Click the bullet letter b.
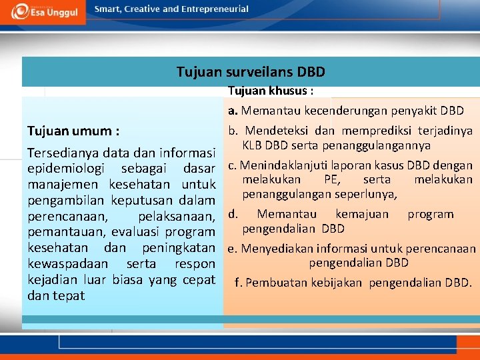tap(233, 131)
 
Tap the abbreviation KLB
tap(253, 145)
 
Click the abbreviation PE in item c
tap(331, 180)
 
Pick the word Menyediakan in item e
tap(273, 249)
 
